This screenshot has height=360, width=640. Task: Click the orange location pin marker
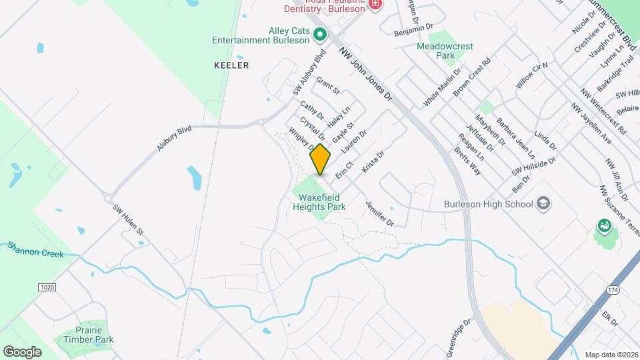coord(320,159)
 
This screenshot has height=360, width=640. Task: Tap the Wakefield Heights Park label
coord(319,202)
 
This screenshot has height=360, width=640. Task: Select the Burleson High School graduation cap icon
coord(543,203)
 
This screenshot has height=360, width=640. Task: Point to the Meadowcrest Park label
coord(445,51)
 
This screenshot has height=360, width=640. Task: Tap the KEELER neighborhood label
coord(231,65)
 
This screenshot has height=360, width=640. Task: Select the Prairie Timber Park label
coord(89,335)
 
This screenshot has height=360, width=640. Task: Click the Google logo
coord(21,351)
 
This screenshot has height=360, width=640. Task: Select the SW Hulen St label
coord(128,219)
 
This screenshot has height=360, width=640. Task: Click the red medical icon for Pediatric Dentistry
coord(375,5)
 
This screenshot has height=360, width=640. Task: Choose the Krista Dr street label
coord(373,162)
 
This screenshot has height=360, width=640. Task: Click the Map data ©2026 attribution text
coord(611,355)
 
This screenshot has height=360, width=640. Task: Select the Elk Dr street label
coord(610,319)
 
